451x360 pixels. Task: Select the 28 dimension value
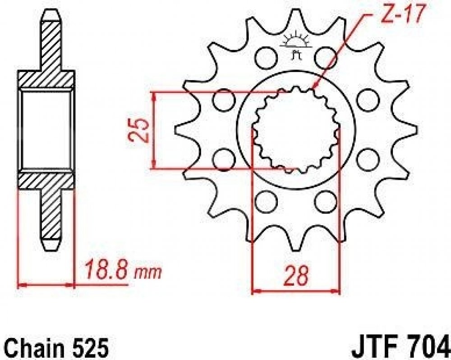296,276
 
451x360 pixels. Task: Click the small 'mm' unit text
147,273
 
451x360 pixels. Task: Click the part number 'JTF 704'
400,348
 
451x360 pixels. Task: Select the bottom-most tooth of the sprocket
295,243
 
